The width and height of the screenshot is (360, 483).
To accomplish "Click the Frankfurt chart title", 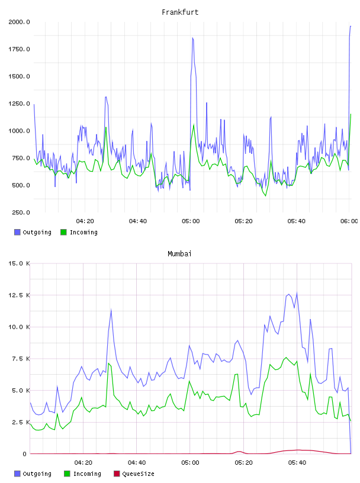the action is (180, 12).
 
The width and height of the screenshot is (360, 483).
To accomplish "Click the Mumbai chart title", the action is (179, 254).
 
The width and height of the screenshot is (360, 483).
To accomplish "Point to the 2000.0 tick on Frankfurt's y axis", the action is (19, 22).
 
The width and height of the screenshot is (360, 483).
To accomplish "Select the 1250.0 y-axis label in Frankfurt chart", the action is (19, 104).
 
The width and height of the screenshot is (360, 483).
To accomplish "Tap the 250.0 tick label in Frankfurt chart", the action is (21, 212).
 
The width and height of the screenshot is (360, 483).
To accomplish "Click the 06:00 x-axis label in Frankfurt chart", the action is (349, 221).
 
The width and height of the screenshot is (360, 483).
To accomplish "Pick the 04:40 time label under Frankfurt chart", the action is (138, 221).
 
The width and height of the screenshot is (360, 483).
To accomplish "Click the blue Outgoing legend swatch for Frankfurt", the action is (17, 232).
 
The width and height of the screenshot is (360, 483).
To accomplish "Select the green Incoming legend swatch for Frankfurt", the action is (63, 232).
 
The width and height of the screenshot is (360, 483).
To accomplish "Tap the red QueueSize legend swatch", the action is (117, 474).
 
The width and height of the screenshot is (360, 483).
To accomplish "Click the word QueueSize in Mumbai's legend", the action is (139, 474).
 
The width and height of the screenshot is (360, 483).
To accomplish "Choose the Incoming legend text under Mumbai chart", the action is (87, 474).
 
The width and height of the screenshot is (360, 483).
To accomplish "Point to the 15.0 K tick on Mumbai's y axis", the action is (19, 263).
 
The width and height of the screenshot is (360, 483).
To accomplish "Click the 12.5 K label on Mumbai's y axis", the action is (19, 295).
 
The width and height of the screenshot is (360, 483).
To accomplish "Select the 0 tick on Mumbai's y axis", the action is (24, 454).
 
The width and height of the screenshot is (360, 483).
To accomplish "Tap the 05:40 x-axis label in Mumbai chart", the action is (297, 463).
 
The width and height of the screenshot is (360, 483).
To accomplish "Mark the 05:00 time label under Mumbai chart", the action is (190, 463).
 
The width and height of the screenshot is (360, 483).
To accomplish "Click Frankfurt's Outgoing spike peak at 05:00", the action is (192, 38).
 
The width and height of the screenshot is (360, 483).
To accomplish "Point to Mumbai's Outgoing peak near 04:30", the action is (111, 310).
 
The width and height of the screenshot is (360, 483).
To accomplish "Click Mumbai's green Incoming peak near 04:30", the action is (109, 363).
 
